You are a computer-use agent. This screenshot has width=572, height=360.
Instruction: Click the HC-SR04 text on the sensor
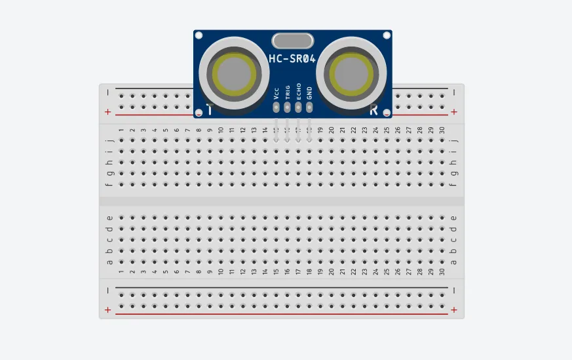(292, 59)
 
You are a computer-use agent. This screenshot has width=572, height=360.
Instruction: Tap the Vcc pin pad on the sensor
(276, 108)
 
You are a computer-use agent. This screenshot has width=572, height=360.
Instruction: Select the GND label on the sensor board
(309, 93)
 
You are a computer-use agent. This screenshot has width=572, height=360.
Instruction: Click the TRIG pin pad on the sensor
(287, 108)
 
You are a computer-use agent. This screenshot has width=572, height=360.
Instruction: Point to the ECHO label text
(299, 91)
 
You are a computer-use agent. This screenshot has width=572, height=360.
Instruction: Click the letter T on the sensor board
(210, 110)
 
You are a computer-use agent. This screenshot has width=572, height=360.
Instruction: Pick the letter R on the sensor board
(373, 110)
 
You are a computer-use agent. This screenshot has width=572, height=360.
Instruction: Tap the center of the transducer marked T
(234, 73)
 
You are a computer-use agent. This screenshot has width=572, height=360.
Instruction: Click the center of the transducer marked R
(351, 73)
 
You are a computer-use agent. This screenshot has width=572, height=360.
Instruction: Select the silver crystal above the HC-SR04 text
(293, 41)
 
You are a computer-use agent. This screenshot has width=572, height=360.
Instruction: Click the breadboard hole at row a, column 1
(121, 262)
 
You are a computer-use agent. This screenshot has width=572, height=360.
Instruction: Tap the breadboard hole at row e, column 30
(442, 218)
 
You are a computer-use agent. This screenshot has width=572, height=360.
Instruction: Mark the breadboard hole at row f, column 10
(221, 184)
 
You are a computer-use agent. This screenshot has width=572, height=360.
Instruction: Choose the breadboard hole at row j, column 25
(387, 140)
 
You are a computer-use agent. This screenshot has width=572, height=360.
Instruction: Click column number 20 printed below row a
(332, 271)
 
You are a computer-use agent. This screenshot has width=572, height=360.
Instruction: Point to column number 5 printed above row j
(166, 130)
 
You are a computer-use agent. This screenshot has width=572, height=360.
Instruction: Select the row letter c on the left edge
(109, 240)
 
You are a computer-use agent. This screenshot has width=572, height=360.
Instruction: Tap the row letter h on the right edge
(453, 162)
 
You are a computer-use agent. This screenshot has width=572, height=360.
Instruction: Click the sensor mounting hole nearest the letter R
(387, 113)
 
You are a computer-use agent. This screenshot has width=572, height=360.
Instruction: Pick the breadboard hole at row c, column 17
(298, 240)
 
